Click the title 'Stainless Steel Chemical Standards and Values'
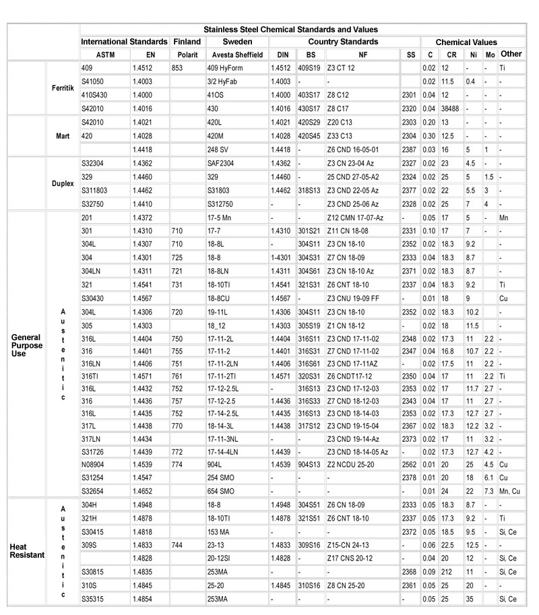pos(290,30)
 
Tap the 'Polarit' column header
pos(187,54)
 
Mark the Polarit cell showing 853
pos(179,68)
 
